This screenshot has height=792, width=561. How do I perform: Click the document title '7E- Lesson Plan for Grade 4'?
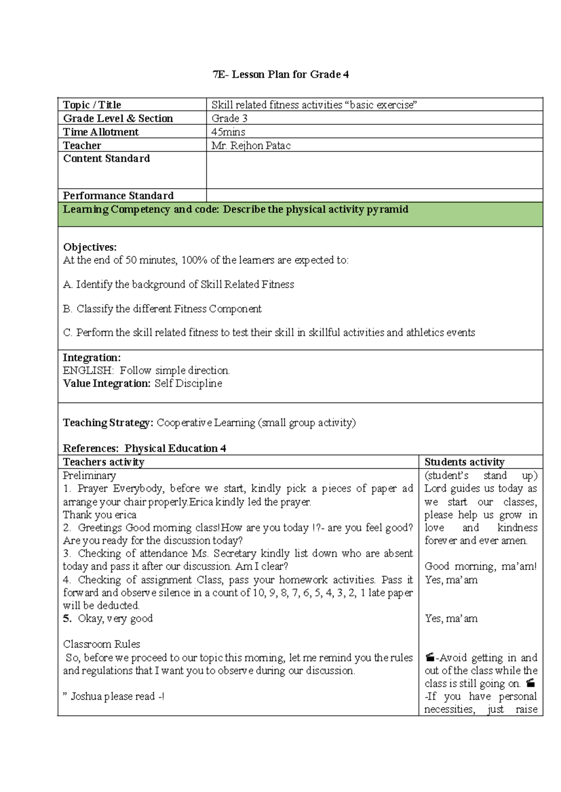(280, 75)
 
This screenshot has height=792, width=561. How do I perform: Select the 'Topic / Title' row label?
(92, 105)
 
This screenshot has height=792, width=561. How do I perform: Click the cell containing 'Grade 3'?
(229, 119)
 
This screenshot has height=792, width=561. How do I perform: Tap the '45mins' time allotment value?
(228, 132)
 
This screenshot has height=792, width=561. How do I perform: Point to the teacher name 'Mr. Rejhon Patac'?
(251, 146)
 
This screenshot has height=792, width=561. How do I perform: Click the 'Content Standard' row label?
(107, 159)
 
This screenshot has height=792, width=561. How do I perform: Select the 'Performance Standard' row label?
(118, 196)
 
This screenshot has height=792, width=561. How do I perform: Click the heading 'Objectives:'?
(90, 247)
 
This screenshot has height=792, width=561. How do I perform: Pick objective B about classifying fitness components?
(162, 309)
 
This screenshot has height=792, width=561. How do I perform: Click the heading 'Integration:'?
(92, 358)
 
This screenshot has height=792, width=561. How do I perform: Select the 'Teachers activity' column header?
(104, 462)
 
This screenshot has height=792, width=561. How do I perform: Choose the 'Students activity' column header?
(464, 462)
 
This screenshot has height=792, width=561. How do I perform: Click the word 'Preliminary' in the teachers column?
(89, 475)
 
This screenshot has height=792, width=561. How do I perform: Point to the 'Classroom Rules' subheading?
(101, 644)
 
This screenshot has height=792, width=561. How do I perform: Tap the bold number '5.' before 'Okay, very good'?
(67, 618)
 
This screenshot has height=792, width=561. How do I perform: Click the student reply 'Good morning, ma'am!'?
(481, 566)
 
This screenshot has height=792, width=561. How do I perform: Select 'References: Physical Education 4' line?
(144, 448)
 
